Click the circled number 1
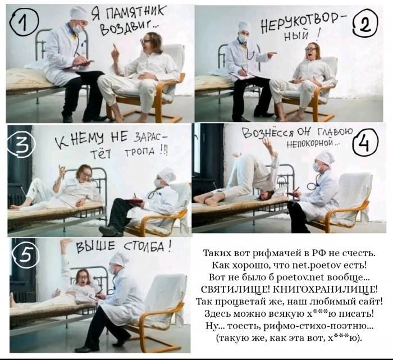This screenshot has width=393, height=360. (x=24, y=24)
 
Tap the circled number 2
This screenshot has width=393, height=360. (x=365, y=24)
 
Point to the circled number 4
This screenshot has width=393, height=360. (x=365, y=143)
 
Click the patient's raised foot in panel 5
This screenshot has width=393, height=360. (x=66, y=243)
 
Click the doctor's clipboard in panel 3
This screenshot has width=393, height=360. (x=134, y=201)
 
